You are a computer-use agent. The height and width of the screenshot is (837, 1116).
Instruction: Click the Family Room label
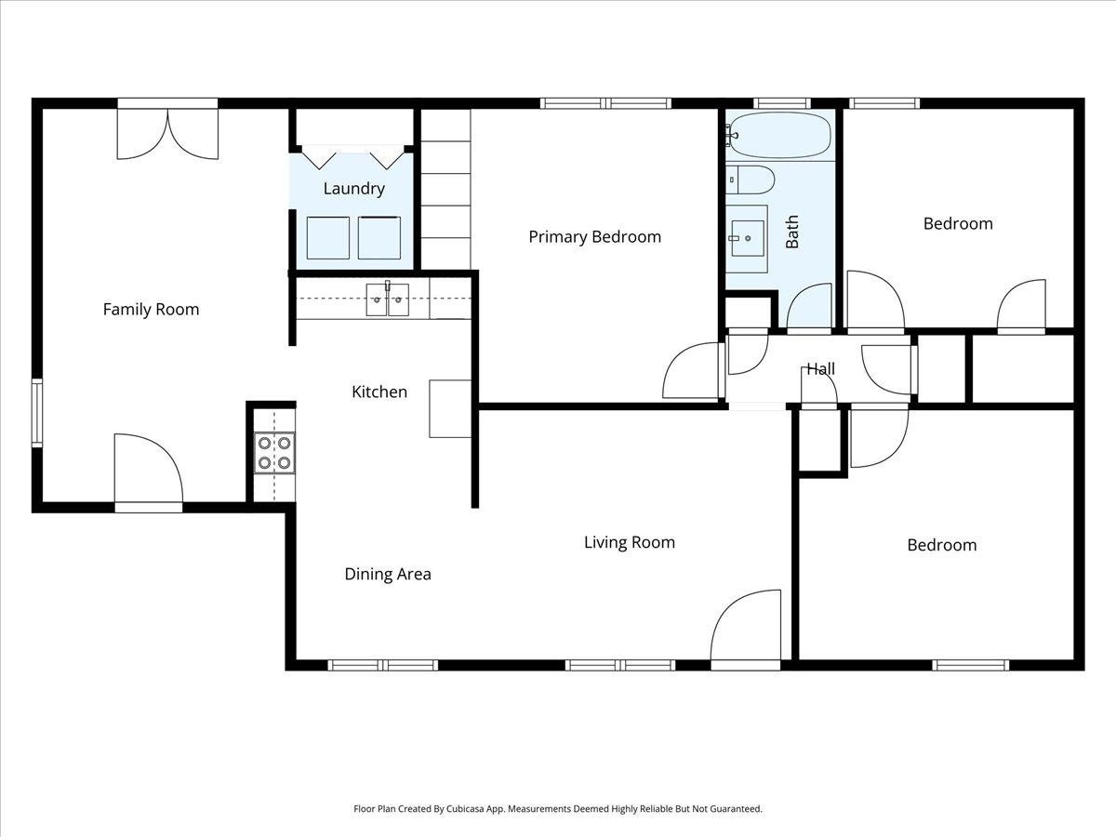(x=151, y=310)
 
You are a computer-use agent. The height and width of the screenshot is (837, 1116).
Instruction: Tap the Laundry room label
(x=354, y=189)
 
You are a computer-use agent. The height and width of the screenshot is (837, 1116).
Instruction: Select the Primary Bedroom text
(x=595, y=237)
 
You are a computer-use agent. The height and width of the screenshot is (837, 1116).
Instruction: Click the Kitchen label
(x=379, y=392)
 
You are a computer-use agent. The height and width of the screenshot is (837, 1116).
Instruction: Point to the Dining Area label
(x=388, y=574)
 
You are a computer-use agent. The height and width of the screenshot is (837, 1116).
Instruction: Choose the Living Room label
(x=630, y=543)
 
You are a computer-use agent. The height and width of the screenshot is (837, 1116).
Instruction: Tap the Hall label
(x=820, y=369)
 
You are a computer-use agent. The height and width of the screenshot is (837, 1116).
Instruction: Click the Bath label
(x=792, y=232)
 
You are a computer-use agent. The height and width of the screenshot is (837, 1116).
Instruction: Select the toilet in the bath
(x=750, y=179)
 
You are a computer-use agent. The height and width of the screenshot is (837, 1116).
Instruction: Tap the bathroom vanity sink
(x=748, y=238)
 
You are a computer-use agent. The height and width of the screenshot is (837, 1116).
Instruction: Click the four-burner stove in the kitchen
(x=274, y=453)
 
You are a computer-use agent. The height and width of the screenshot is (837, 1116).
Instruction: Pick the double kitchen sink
(x=388, y=299)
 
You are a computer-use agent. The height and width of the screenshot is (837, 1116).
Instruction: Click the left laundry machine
(x=328, y=238)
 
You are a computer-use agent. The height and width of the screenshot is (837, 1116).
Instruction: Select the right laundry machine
(x=379, y=238)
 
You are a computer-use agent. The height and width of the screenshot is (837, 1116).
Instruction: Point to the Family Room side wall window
(x=37, y=412)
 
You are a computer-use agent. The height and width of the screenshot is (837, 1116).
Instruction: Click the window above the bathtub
(x=781, y=103)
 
